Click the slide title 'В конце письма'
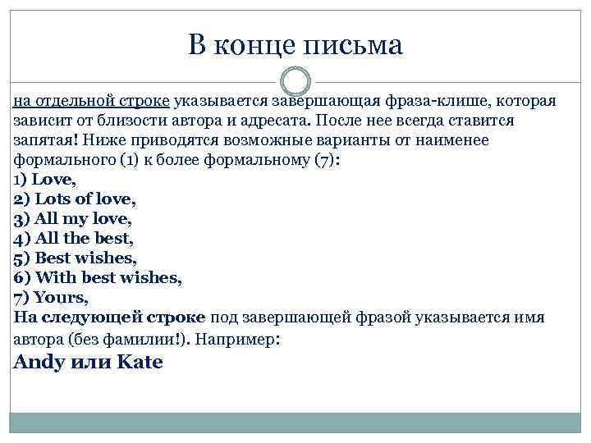point(295,44)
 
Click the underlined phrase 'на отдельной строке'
point(91,101)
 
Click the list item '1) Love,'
point(45,179)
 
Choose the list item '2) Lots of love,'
point(75,199)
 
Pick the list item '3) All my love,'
point(72,219)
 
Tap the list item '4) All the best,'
point(73,239)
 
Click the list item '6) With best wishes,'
point(98,278)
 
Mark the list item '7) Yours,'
point(51,298)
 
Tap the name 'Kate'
point(140,362)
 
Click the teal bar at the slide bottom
point(295,422)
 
